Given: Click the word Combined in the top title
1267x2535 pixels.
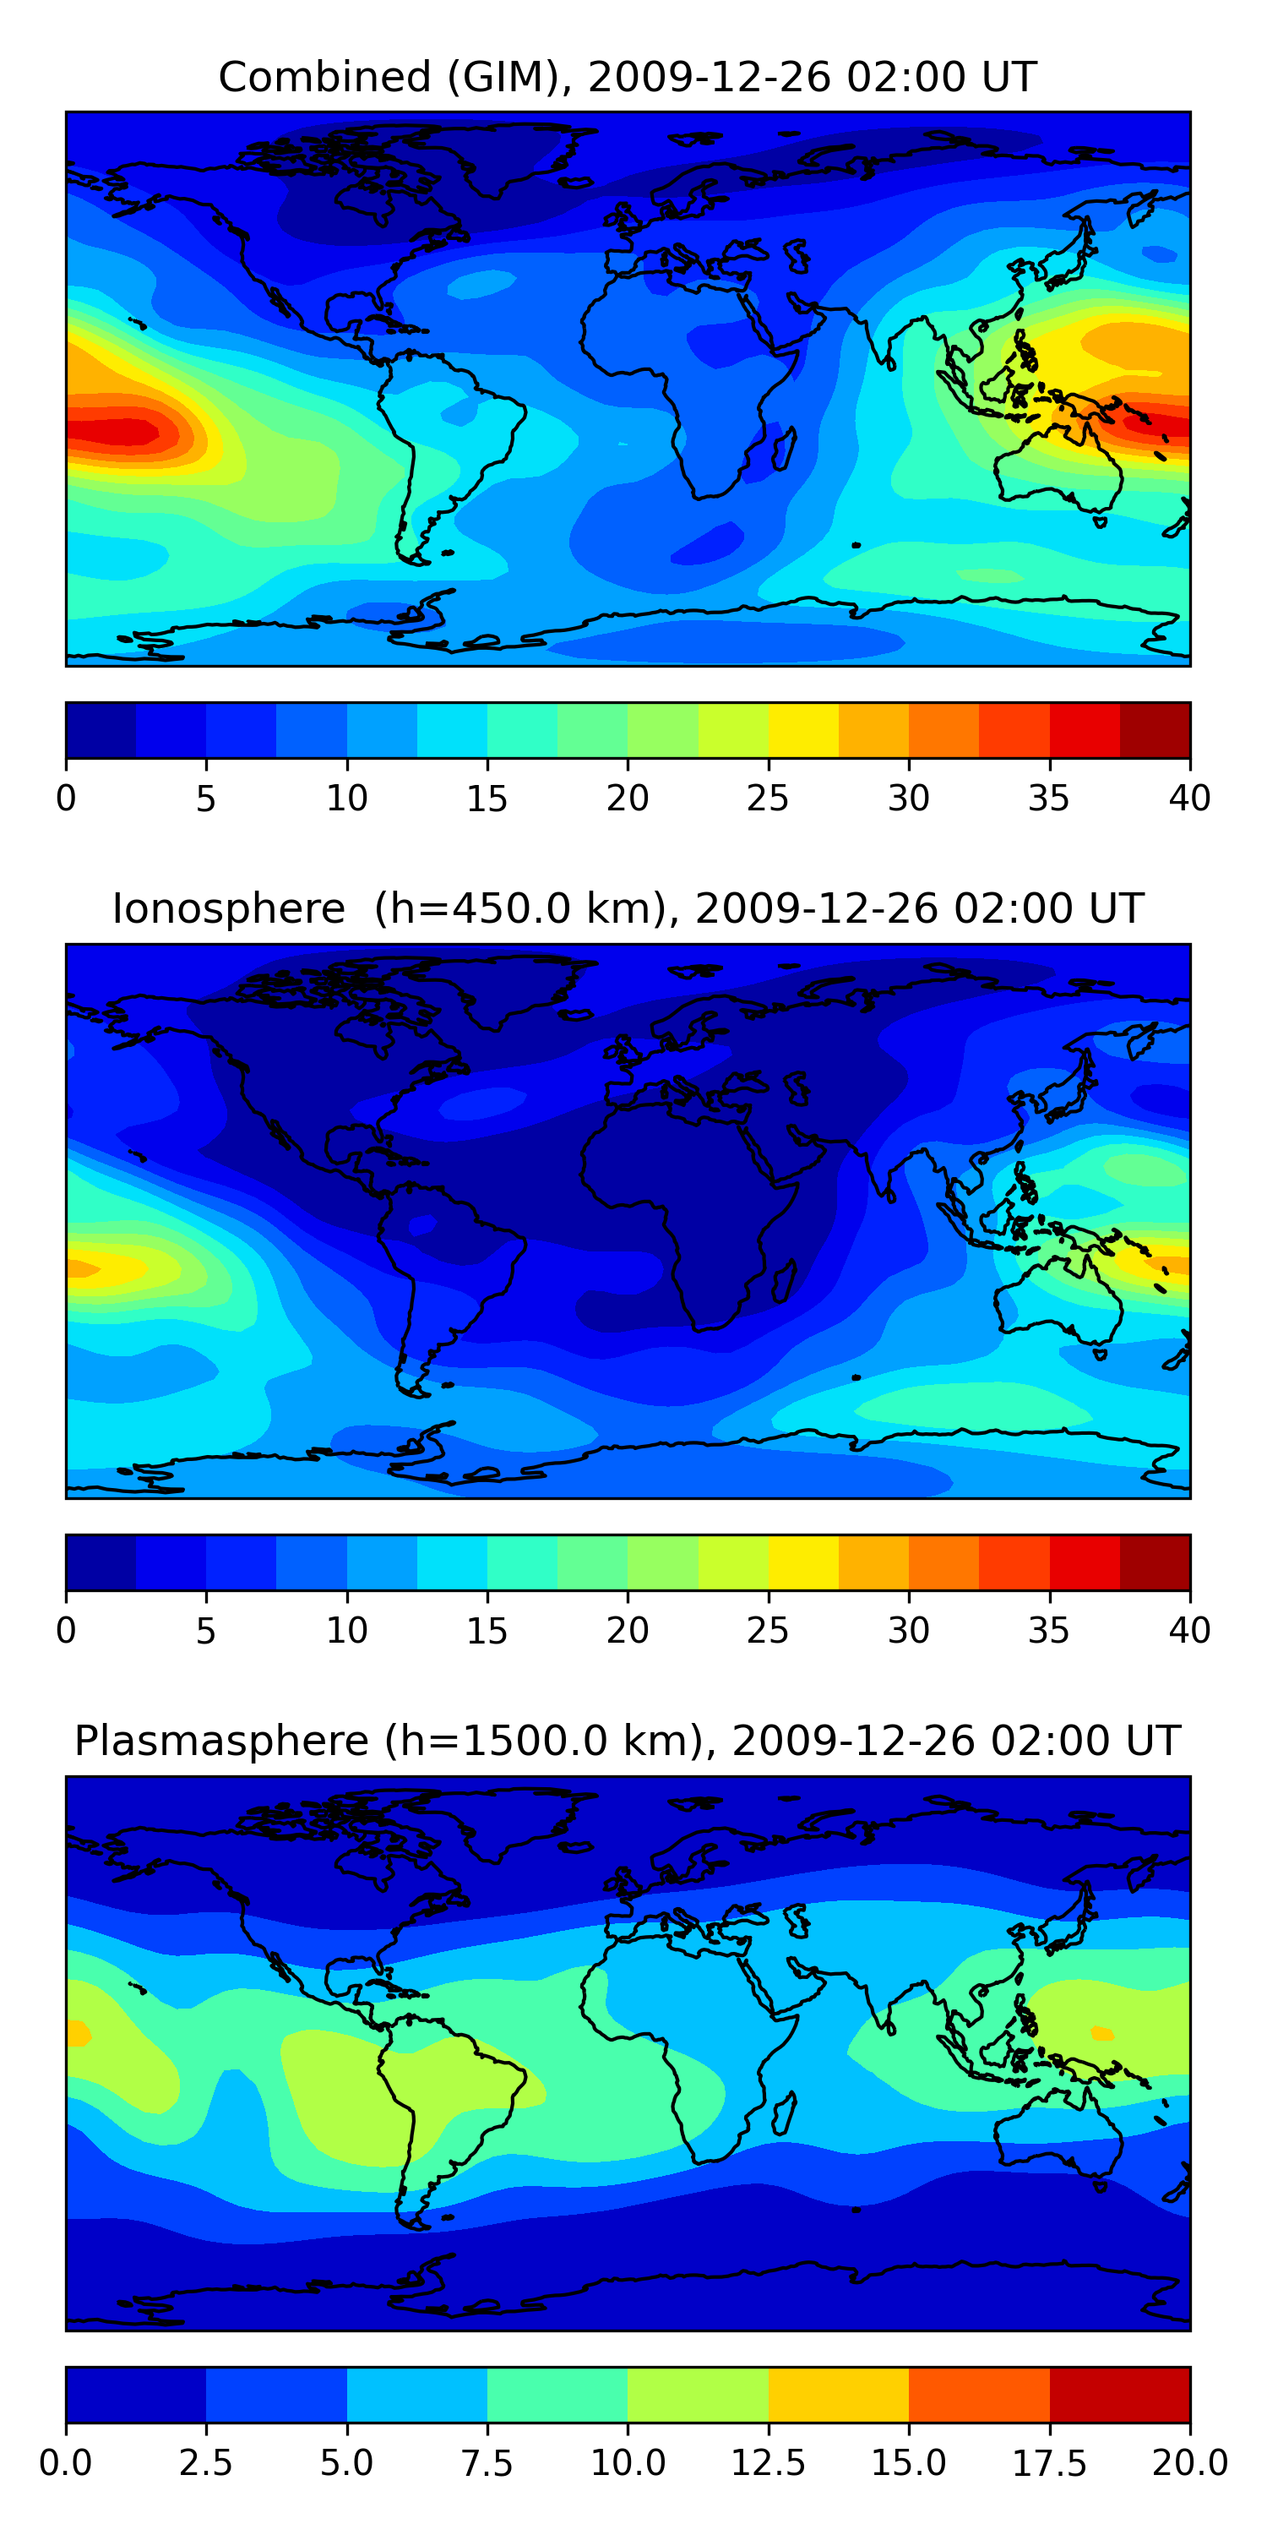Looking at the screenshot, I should coord(324,77).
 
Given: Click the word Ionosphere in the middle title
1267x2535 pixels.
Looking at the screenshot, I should coord(228,908).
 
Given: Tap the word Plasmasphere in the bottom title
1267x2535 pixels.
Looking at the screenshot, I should coord(221,1741).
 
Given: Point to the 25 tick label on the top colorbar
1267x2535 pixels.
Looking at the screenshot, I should coord(767,798).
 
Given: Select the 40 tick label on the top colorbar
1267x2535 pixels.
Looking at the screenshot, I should coord(1189,798).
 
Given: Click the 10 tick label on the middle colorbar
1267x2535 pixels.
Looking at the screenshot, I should coord(346,1630).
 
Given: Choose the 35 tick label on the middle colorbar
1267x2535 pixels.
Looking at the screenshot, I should coord(1048,1630).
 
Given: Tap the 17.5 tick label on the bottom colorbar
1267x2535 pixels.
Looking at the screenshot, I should coord(1048,2463).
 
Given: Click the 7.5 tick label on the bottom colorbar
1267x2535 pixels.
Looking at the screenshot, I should coord(487,2463).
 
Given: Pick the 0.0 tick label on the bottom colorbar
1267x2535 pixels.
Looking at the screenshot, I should coord(66,2463).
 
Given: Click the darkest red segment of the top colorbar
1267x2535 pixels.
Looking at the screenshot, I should coord(1155,730).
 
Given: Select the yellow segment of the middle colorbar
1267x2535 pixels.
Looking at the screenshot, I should coord(802,1562).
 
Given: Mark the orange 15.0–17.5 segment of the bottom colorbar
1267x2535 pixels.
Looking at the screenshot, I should coord(979,2394).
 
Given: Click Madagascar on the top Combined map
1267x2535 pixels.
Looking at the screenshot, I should coord(785,448).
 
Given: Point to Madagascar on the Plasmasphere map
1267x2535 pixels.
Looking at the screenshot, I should coord(785,2112).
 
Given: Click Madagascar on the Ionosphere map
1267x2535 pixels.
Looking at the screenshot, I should coord(785,1280).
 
